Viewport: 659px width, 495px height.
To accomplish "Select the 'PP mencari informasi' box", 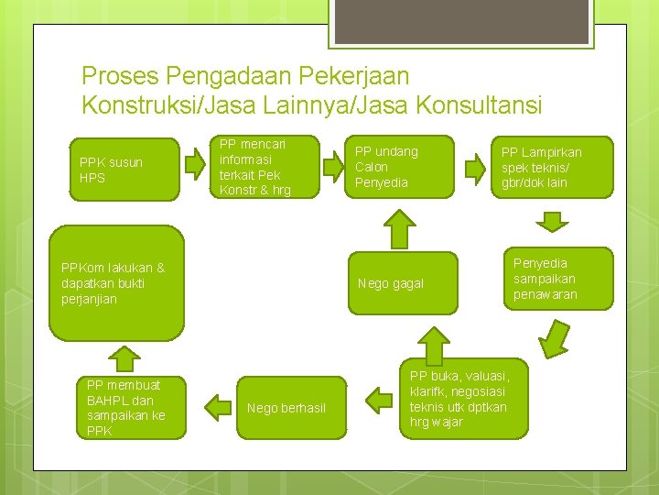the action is (x=265, y=166).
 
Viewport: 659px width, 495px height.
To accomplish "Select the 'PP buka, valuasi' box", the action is (x=463, y=398).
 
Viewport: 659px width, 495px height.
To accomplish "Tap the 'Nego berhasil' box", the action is (x=286, y=407).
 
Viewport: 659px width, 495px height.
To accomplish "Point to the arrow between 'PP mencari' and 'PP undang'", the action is (x=333, y=166).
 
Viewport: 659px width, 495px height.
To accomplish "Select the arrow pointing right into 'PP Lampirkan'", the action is (x=474, y=168).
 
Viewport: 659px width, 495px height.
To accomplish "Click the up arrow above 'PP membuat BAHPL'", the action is (x=124, y=359).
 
